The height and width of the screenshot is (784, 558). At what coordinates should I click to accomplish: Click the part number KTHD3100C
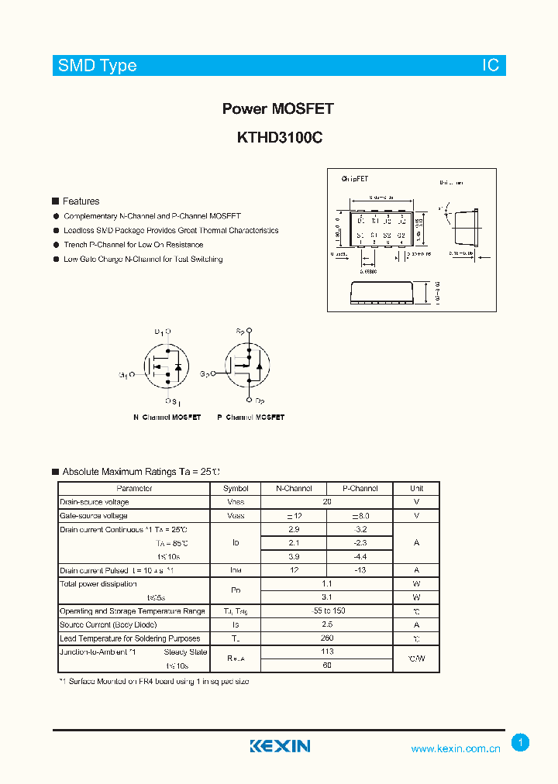click(x=278, y=138)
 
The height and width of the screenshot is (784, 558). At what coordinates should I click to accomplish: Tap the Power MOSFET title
click(x=278, y=109)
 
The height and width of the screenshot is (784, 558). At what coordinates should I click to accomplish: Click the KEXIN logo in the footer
click(x=280, y=746)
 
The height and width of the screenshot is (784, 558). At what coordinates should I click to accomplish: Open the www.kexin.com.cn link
click(x=456, y=748)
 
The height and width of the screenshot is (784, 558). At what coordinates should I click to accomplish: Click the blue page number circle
click(x=520, y=743)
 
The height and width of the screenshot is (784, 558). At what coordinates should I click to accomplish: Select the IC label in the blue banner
click(x=491, y=66)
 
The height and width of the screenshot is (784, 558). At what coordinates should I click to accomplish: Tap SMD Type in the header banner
click(x=98, y=66)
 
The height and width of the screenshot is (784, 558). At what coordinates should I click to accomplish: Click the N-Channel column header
click(x=294, y=489)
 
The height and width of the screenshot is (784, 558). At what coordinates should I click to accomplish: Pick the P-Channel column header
click(x=360, y=489)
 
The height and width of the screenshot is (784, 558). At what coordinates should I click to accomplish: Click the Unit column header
click(x=416, y=489)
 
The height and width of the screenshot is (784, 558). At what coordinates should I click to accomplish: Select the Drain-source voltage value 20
click(x=327, y=502)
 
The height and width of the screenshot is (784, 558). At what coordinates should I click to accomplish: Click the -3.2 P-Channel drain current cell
click(x=360, y=529)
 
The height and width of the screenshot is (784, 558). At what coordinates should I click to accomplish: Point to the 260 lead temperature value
click(x=327, y=638)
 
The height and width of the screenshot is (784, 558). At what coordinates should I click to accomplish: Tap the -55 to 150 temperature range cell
click(x=327, y=611)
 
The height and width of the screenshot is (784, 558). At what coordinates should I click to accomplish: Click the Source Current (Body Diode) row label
click(x=108, y=624)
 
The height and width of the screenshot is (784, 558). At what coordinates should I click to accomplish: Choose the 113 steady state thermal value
click(x=327, y=652)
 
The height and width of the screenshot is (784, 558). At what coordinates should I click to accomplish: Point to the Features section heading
click(x=81, y=201)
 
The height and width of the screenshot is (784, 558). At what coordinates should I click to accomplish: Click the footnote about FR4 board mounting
click(x=154, y=682)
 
